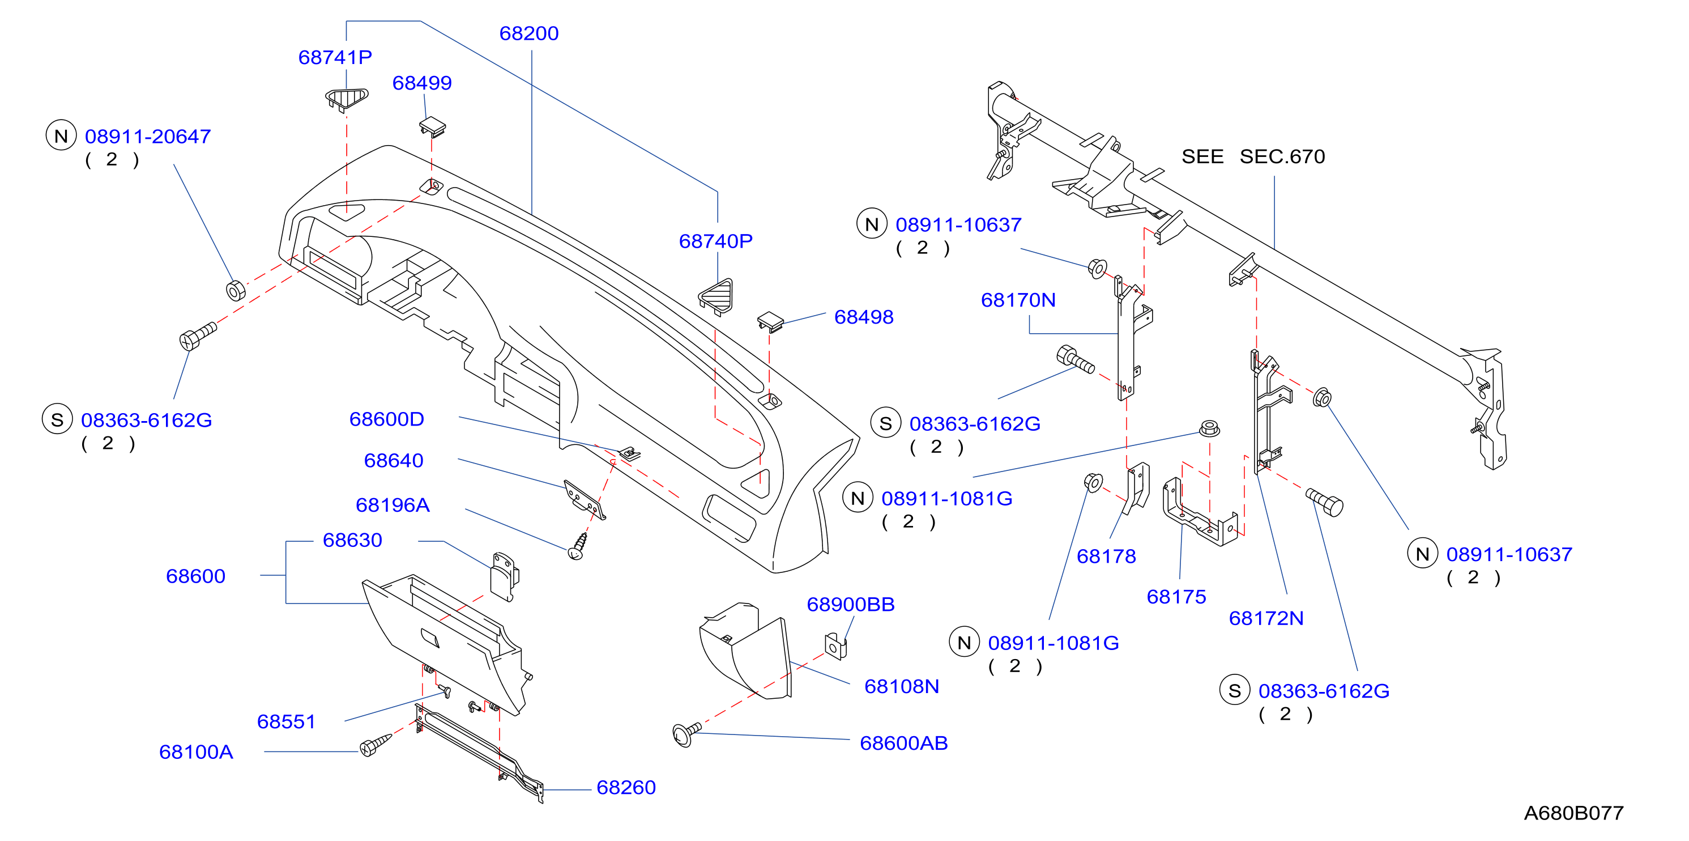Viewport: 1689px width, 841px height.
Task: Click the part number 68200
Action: (x=528, y=33)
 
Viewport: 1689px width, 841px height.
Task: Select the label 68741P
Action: (x=335, y=58)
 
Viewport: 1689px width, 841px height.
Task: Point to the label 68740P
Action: (x=715, y=241)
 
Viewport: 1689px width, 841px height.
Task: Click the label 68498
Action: (x=864, y=317)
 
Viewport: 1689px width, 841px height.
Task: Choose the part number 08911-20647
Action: (x=147, y=137)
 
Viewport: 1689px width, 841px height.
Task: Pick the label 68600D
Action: (x=386, y=419)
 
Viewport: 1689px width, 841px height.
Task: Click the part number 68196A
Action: (x=392, y=505)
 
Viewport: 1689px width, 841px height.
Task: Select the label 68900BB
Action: (x=850, y=605)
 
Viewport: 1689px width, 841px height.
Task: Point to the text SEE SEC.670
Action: (x=1253, y=157)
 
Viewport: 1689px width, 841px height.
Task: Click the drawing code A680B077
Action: (x=1573, y=813)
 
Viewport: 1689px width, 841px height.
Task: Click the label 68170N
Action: (x=1018, y=300)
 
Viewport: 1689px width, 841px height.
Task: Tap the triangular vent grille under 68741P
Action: (x=347, y=99)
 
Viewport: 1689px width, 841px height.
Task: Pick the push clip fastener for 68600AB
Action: (x=686, y=733)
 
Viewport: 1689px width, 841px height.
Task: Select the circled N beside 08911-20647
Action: (x=61, y=136)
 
